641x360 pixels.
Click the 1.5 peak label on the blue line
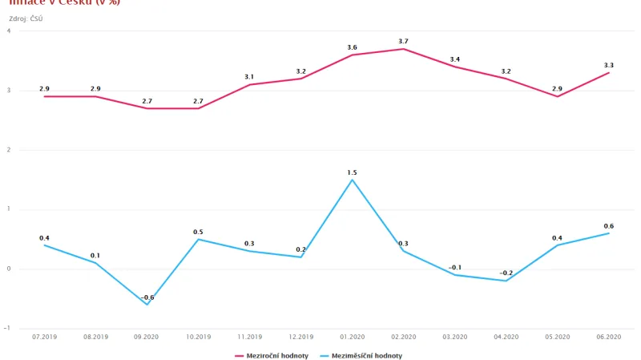[352, 172]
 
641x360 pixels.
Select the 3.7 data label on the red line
[403, 42]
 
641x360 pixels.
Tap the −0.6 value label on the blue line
[147, 297]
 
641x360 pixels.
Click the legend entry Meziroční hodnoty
[271, 355]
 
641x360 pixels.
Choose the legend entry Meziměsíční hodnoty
[361, 355]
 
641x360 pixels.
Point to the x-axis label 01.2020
[352, 337]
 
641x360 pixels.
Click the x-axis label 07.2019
[44, 337]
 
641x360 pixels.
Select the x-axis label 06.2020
[608, 337]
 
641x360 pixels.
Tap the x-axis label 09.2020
[147, 337]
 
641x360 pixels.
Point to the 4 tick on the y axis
[9, 31]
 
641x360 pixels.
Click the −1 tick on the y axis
[7, 328]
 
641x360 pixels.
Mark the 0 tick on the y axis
[9, 269]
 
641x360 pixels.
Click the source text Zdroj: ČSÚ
[26, 18]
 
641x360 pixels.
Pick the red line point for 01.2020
[352, 55]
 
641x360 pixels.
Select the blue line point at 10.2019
[198, 239]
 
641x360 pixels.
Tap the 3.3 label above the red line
[608, 65]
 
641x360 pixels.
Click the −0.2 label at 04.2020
[506, 273]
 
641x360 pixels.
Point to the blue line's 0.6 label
[608, 226]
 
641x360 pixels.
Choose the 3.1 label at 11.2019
[249, 77]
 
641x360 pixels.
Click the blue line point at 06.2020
[608, 233]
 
